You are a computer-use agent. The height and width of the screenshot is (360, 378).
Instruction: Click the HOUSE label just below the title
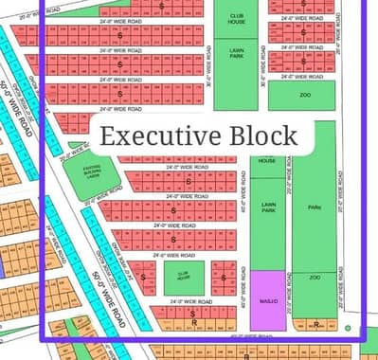tap(267, 161)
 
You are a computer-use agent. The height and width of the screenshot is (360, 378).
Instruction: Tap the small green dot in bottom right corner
tap(350, 329)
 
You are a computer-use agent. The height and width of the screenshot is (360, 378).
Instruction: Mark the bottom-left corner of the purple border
tap(43, 338)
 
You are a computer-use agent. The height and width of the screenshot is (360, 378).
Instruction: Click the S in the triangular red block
tap(143, 278)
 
